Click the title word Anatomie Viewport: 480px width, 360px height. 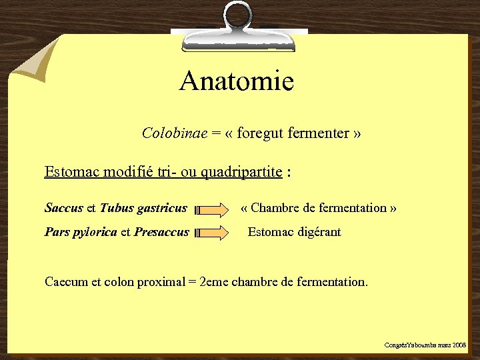pyautogui.click(x=236, y=82)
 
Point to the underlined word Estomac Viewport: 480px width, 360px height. pyautogui.click(x=68, y=172)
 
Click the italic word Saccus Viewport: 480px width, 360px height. pyautogui.click(x=64, y=208)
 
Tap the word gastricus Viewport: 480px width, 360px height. pyautogui.click(x=161, y=209)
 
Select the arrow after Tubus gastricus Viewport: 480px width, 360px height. pyautogui.click(x=212, y=211)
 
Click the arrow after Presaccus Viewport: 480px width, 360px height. pyautogui.click(x=212, y=233)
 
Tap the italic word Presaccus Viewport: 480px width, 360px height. pyautogui.click(x=161, y=233)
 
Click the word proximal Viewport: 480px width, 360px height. pyautogui.click(x=161, y=281)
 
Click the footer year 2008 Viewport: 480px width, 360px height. pyautogui.click(x=459, y=345)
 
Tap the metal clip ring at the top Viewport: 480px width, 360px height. pyautogui.click(x=238, y=16)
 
